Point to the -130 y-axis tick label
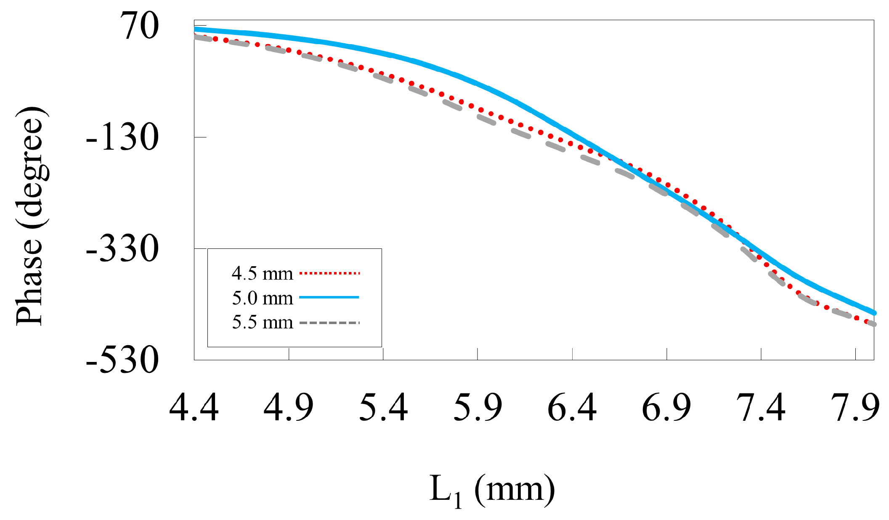pyautogui.click(x=122, y=138)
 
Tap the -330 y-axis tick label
pyautogui.click(x=122, y=249)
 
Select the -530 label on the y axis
pyautogui.click(x=122, y=361)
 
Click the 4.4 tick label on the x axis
pyautogui.click(x=194, y=407)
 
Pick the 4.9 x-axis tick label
pyautogui.click(x=289, y=407)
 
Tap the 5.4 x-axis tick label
pyautogui.click(x=383, y=407)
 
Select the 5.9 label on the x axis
pyautogui.click(x=478, y=407)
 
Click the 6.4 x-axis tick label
pyautogui.click(x=572, y=407)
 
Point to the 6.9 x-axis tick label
pyautogui.click(x=667, y=407)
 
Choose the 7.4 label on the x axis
pyautogui.click(x=761, y=407)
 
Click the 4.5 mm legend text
pyautogui.click(x=262, y=274)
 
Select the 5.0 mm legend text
pyautogui.click(x=262, y=298)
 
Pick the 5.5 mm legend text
pyautogui.click(x=262, y=322)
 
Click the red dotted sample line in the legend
pyautogui.click(x=329, y=273)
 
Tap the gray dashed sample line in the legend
pyautogui.click(x=329, y=323)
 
